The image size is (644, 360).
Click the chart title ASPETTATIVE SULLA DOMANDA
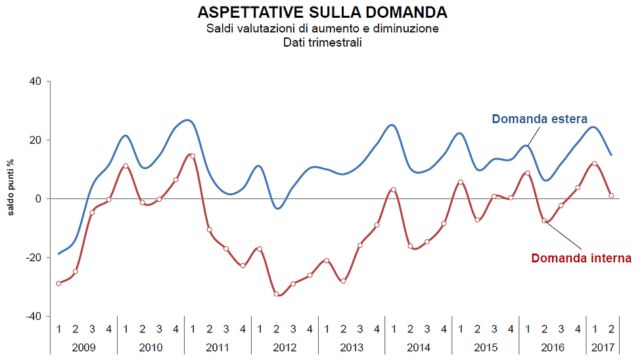322,12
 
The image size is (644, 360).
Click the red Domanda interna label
581,258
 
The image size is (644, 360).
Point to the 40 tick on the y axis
34,81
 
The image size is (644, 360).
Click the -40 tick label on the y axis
32,316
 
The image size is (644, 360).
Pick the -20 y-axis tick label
32,258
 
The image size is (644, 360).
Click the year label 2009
83,348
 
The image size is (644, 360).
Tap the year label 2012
285,348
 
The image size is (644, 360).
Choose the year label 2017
603,348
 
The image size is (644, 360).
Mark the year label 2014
419,348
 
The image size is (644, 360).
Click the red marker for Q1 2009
58,283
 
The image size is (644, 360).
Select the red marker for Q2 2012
277,294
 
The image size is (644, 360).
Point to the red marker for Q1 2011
192,156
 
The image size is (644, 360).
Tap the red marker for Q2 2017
611,195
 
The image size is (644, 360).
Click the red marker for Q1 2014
394,190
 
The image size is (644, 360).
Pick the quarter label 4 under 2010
175,328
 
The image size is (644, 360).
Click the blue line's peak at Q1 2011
189,120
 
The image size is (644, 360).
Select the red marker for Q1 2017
595,164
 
